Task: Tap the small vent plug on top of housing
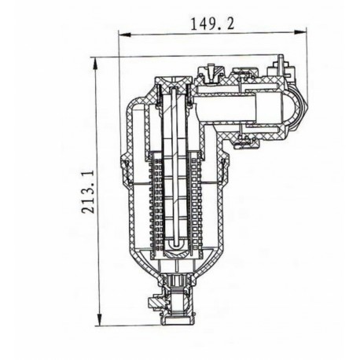[208, 74]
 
